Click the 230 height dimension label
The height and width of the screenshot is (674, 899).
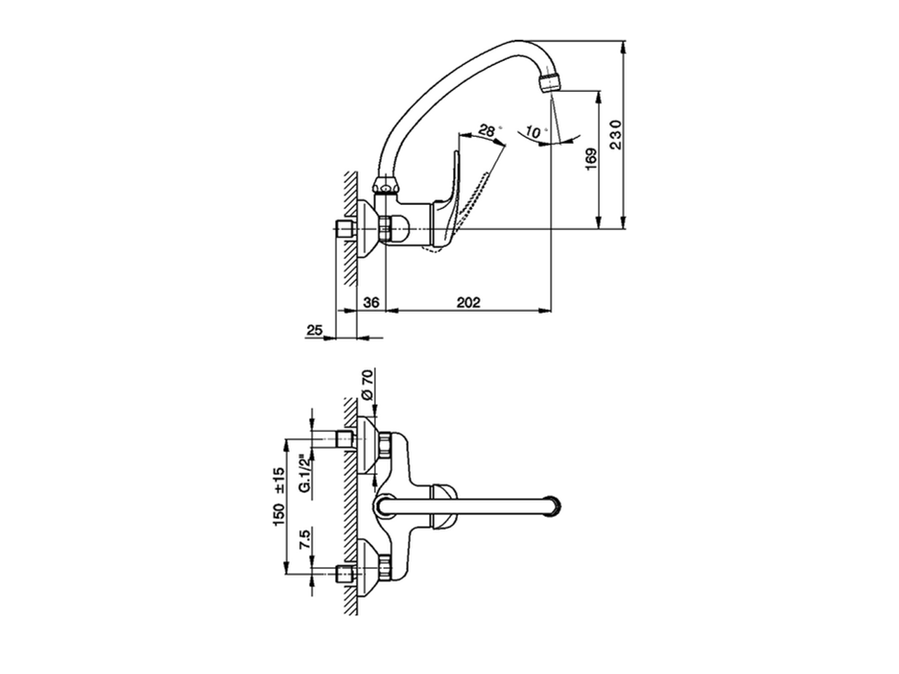coord(615,134)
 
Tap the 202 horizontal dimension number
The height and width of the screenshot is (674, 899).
coord(468,303)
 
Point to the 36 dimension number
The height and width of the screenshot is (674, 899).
coord(372,303)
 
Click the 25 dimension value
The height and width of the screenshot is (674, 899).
coord(315,330)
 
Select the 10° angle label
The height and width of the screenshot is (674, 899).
coord(536,131)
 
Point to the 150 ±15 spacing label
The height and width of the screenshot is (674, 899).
coord(279,496)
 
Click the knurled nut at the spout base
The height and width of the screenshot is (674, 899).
coord(386,187)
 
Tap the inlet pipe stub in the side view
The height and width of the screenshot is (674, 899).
coord(344,229)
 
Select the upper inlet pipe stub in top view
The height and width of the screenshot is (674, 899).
coord(344,440)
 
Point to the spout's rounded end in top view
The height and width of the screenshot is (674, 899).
coord(558,505)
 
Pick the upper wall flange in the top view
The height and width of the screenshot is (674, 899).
coord(367,446)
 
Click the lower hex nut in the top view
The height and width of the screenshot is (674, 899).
coord(384,565)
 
